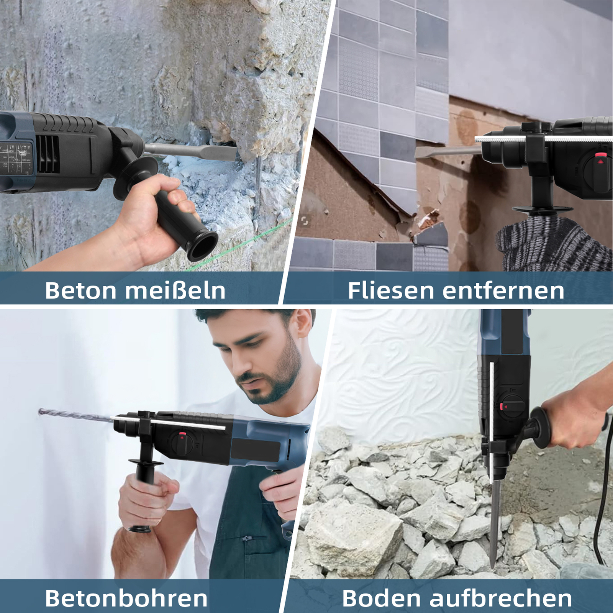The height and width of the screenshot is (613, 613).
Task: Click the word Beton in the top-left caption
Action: point(80,290)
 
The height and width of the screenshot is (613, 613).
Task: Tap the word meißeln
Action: point(175,290)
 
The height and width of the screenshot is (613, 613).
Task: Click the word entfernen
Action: point(503,290)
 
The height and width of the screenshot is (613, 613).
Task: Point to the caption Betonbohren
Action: point(126,598)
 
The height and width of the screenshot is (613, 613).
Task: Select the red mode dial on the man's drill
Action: point(183,436)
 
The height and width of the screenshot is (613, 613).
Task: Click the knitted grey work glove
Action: point(556,245)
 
